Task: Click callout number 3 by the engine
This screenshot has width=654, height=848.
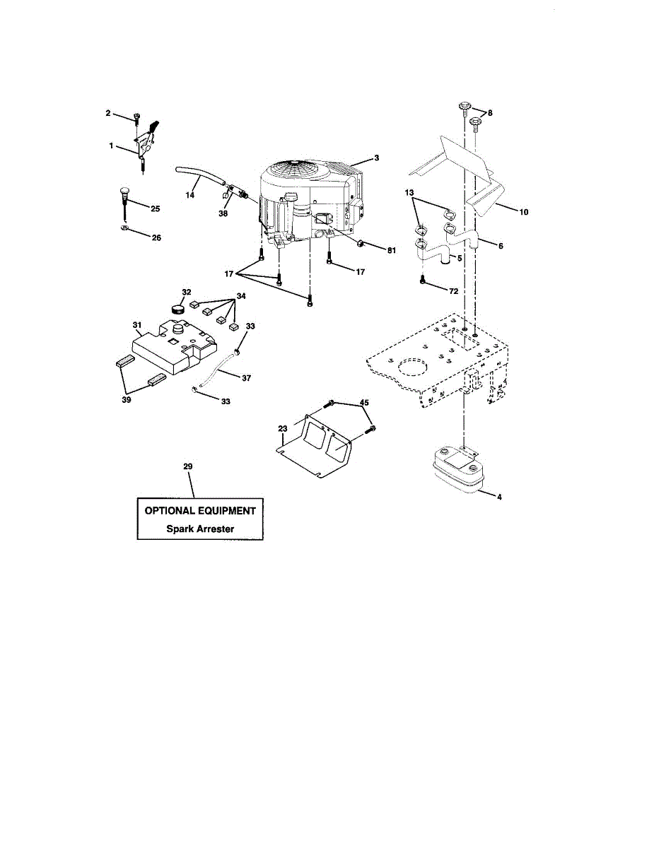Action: point(376,158)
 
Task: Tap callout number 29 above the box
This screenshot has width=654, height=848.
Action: point(187,466)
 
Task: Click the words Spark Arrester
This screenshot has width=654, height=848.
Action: point(200,528)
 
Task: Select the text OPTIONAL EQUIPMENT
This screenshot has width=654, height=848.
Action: point(200,510)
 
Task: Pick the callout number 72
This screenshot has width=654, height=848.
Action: point(453,291)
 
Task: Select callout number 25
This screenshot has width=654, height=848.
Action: point(156,209)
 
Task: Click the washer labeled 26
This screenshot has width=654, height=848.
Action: point(124,229)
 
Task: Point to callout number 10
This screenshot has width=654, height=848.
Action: point(524,211)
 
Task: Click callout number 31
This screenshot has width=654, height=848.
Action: point(137,325)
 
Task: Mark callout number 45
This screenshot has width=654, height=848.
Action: point(364,404)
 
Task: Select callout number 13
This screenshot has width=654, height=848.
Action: point(409,193)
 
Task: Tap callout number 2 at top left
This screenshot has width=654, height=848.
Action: point(108,113)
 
